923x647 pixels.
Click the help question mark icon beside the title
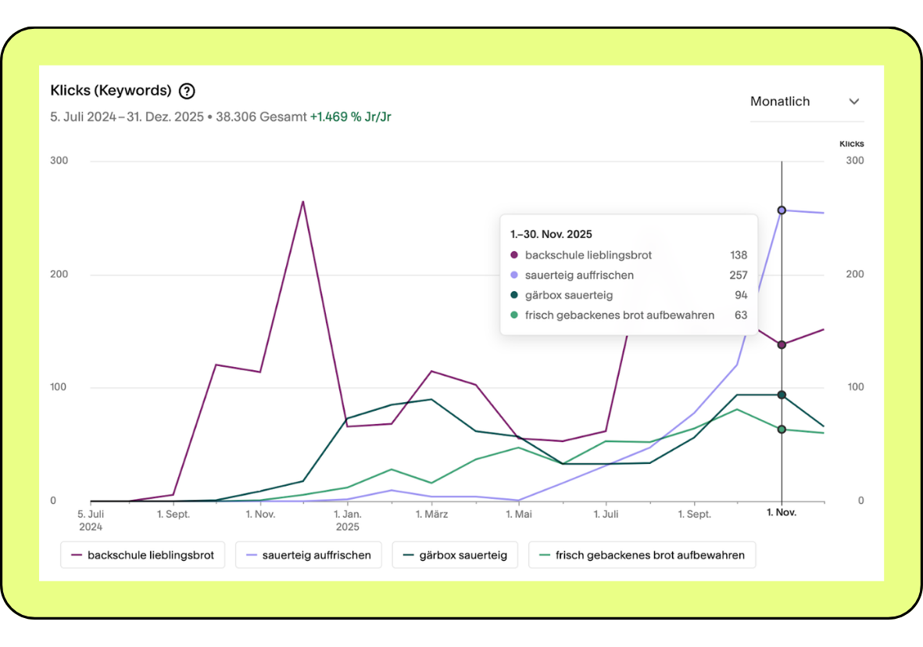pos(187,91)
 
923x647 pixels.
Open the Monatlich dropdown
pos(805,102)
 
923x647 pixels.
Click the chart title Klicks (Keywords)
pos(111,91)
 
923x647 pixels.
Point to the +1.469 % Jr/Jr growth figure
pos(350,117)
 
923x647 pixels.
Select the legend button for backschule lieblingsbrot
pos(143,555)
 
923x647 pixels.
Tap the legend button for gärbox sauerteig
pos(455,555)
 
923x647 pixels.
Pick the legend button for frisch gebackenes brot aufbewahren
pos(642,555)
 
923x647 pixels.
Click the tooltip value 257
pos(738,275)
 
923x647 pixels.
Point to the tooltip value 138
pos(738,255)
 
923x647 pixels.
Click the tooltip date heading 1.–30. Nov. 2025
pos(551,234)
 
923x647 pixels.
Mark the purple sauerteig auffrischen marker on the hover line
pos(782,210)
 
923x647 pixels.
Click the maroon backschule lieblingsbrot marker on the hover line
pos(782,344)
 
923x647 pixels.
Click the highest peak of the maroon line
pos(302,202)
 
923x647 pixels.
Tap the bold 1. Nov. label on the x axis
pos(782,514)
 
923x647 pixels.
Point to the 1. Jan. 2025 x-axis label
pos(347,520)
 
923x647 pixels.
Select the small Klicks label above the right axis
pos(851,144)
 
